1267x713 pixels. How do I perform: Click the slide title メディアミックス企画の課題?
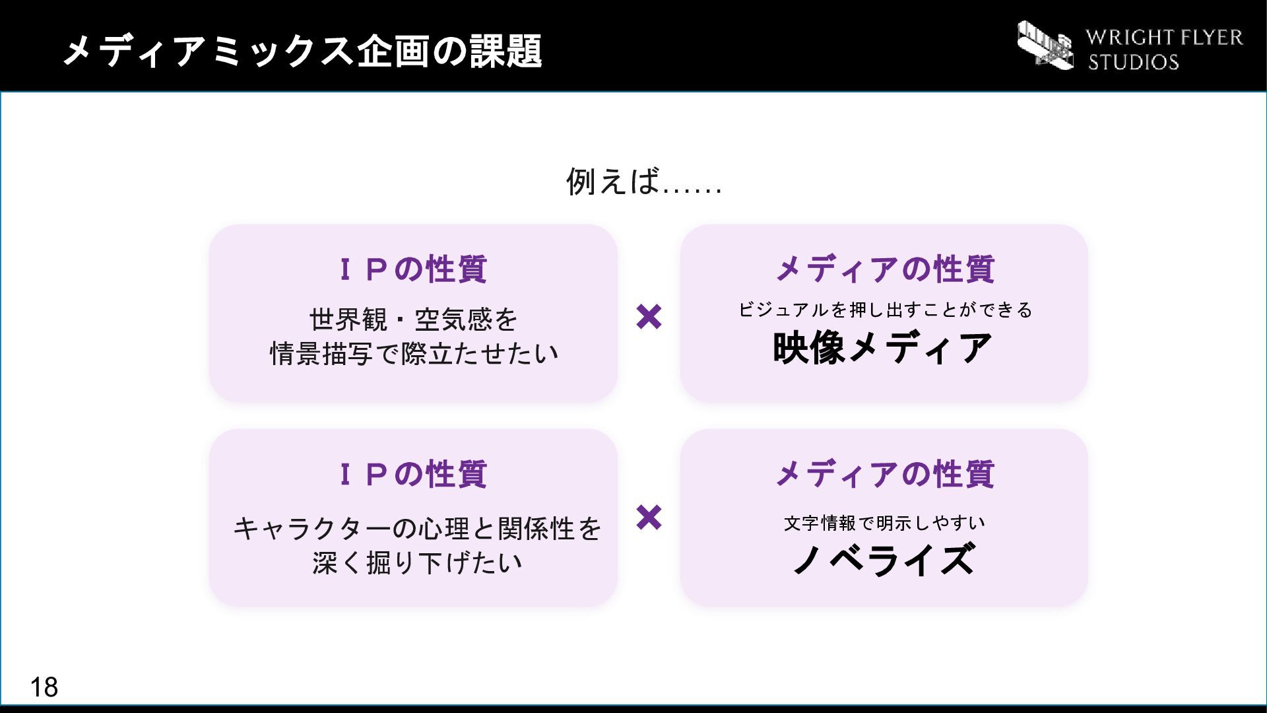click(303, 51)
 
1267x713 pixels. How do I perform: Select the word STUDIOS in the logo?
click(1133, 62)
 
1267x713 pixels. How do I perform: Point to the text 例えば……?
click(644, 181)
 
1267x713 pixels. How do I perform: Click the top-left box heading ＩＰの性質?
click(412, 269)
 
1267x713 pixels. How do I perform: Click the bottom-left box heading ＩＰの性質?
click(412, 474)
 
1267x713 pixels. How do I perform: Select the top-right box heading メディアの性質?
click(884, 269)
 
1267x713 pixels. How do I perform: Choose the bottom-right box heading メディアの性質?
click(884, 474)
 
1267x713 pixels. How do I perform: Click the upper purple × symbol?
click(649, 317)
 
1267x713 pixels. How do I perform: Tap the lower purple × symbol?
click(649, 518)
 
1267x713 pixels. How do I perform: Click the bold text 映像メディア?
click(883, 348)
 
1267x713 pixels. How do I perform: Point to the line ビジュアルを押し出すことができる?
click(885, 310)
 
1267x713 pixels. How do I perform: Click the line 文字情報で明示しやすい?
click(884, 523)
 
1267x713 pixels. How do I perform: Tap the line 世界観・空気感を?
click(414, 320)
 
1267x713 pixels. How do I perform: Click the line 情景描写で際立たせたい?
click(414, 353)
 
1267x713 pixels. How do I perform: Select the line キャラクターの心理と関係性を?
click(417, 528)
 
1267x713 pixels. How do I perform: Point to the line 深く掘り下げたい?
click(417, 562)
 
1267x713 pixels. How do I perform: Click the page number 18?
click(44, 687)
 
